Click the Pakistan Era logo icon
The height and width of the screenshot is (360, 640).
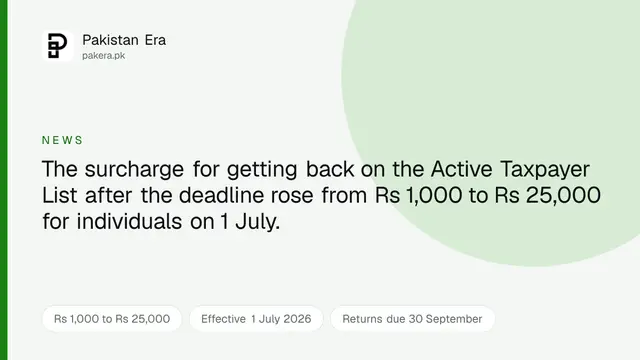tap(58, 46)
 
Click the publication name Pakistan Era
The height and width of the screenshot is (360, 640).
tap(124, 40)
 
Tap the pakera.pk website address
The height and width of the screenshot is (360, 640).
tap(104, 56)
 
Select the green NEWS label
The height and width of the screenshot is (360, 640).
tap(62, 140)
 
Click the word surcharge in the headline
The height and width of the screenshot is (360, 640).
tap(134, 169)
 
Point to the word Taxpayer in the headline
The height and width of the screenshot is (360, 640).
tap(545, 169)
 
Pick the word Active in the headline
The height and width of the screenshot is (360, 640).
tap(462, 169)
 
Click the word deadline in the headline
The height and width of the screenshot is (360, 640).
tap(221, 195)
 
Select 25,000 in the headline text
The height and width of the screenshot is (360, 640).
tap(563, 196)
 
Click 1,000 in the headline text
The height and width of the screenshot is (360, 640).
tap(434, 196)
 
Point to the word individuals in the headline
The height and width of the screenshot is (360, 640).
tap(129, 221)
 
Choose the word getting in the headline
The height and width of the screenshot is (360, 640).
tap(262, 170)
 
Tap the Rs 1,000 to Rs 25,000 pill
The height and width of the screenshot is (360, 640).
tap(112, 319)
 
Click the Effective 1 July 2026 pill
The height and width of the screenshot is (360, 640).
tap(256, 319)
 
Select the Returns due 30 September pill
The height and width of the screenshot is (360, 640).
tap(412, 319)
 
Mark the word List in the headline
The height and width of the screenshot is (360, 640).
tap(60, 195)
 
